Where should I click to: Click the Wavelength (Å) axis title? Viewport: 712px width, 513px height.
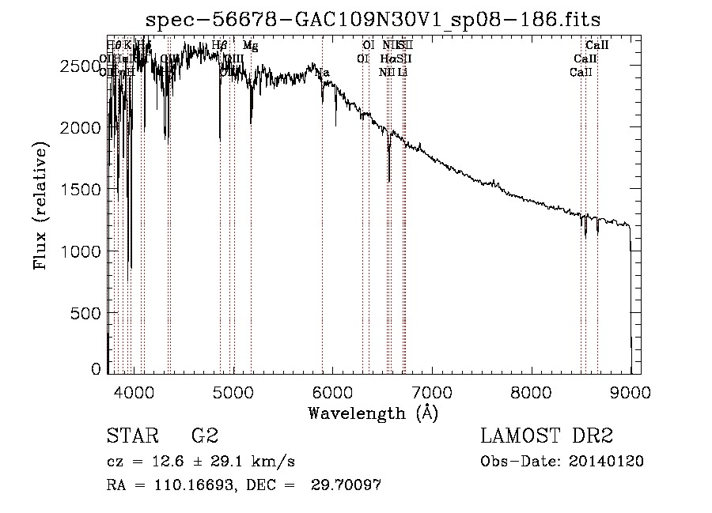pos(373,413)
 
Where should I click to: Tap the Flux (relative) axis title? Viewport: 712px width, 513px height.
pos(40,206)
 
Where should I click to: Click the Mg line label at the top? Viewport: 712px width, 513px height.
pos(250,46)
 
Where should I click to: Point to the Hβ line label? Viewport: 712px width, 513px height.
pos(219,46)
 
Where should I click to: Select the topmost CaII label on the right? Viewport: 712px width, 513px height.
pos(596,46)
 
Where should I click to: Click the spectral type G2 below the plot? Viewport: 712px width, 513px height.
pos(203,436)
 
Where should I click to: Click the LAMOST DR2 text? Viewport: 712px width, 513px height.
pos(547,436)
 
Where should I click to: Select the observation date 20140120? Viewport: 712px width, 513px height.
pos(607,462)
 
